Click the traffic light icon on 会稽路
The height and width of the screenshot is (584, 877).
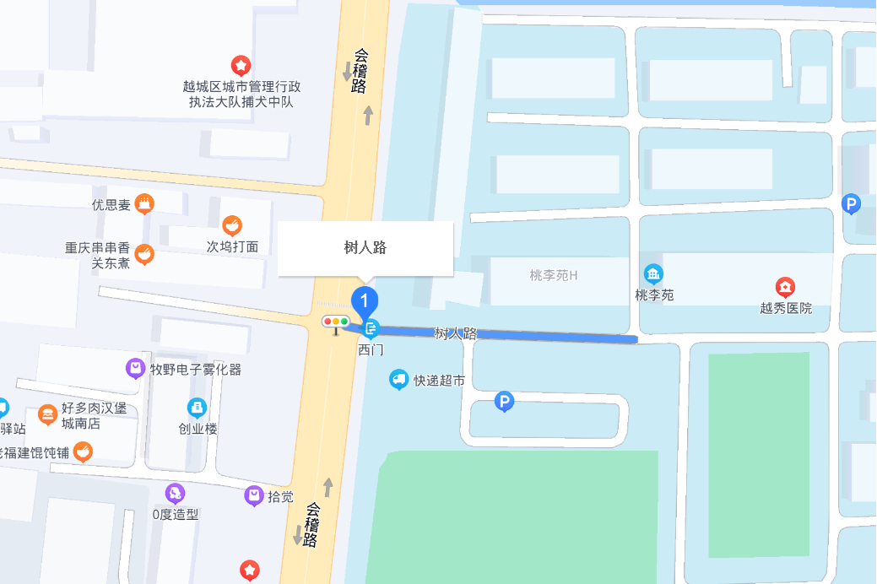click(335, 322)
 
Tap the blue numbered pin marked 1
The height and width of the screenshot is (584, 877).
click(365, 300)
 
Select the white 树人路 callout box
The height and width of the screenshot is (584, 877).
click(365, 248)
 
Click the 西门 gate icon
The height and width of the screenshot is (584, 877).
click(371, 327)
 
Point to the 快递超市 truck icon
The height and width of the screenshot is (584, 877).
click(399, 380)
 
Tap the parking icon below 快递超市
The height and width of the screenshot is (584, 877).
click(504, 403)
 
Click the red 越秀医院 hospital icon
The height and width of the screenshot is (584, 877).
click(785, 287)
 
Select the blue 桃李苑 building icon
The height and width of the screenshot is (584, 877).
click(653, 274)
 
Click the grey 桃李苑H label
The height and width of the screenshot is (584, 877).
click(553, 275)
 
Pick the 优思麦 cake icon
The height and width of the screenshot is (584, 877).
click(145, 203)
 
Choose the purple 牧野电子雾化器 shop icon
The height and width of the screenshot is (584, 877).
click(135, 368)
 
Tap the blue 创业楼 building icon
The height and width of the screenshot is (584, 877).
click(197, 408)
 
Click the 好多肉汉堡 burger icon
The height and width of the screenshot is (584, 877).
click(48, 414)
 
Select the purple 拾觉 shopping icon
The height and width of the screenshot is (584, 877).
click(254, 495)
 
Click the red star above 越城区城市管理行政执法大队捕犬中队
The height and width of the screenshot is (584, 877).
click(241, 65)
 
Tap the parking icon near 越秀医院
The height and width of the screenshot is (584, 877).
click(852, 203)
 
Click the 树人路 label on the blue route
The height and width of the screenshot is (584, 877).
click(456, 333)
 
